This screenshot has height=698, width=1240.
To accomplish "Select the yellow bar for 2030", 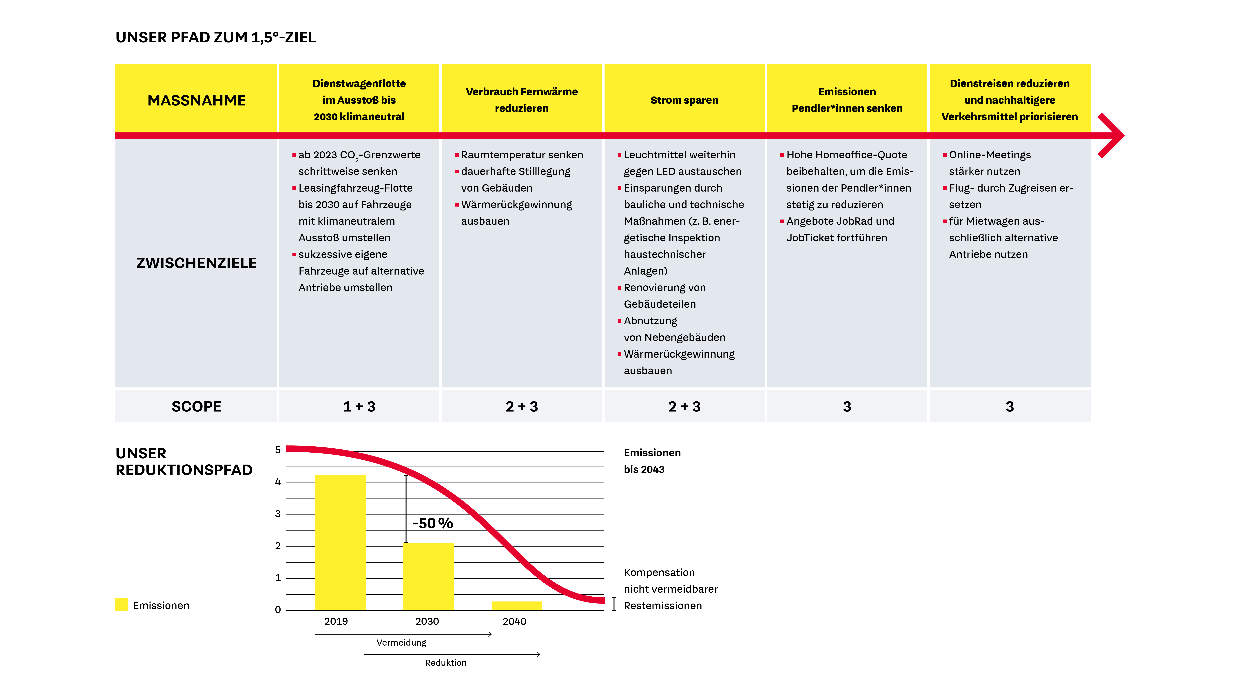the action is click(428, 577).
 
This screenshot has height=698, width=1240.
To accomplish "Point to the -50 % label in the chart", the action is click(432, 523).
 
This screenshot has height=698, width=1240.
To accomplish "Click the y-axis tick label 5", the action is click(278, 450).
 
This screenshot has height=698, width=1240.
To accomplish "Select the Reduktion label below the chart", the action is click(446, 663).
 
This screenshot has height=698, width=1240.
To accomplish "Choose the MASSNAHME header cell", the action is click(196, 100).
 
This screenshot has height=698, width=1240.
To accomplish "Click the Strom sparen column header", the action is click(684, 100).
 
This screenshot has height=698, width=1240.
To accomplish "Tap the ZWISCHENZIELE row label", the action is click(196, 263).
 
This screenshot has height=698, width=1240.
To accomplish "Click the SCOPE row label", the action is click(196, 407).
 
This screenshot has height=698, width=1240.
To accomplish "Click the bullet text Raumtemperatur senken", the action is click(522, 155).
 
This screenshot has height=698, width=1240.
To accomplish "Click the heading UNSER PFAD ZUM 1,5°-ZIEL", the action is click(216, 37).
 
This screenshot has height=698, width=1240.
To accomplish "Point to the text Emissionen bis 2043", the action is click(652, 461).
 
